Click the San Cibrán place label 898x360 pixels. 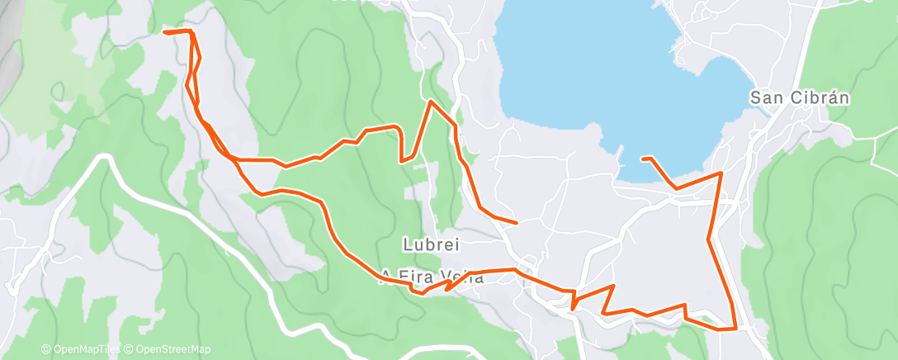pyautogui.click(x=799, y=97)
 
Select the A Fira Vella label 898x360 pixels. pyautogui.click(x=432, y=277)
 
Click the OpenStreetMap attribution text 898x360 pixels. pyautogui.click(x=173, y=349)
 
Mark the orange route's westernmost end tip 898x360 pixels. pyautogui.click(x=165, y=32)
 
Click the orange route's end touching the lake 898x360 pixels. pyautogui.click(x=643, y=158)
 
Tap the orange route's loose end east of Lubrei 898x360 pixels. pyautogui.click(x=516, y=223)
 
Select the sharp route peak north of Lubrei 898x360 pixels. pyautogui.click(x=429, y=102)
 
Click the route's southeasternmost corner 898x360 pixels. pyautogui.click(x=735, y=329)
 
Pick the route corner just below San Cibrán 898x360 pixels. pyautogui.click(x=721, y=173)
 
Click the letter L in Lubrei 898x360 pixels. pyautogui.click(x=407, y=244)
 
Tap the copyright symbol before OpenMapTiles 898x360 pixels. pyautogui.click(x=45, y=349)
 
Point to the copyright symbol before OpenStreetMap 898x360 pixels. pyautogui.click(x=129, y=349)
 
